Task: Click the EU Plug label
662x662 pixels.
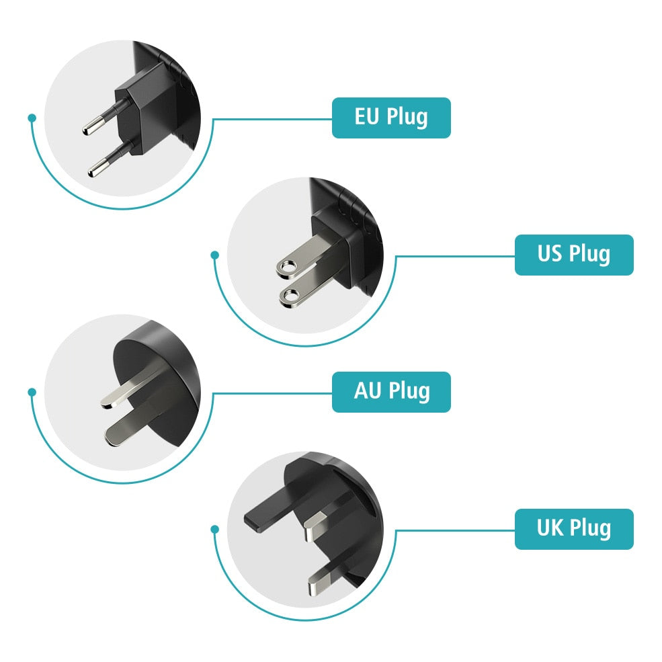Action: pos(391,118)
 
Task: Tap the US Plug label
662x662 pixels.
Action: pos(573,255)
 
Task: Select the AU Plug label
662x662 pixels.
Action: pos(391,391)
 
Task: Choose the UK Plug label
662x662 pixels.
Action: pos(573,528)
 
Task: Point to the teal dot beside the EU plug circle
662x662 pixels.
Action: pos(32,118)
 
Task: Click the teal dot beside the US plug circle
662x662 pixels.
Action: pos(214,255)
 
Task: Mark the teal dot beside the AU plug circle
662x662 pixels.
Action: pos(32,391)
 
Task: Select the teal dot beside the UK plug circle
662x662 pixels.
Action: pos(214,529)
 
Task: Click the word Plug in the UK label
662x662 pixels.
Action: pos(589,529)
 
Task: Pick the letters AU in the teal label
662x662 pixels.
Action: pos(368,391)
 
